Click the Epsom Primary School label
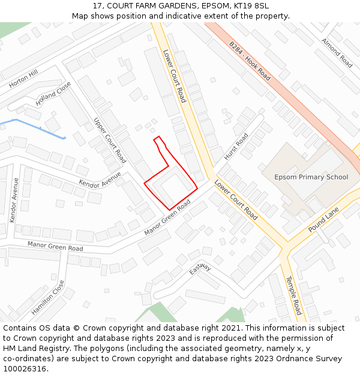click(x=311, y=177)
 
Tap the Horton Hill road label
click(x=24, y=79)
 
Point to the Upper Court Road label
click(x=110, y=140)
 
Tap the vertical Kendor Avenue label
click(x=14, y=200)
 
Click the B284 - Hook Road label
click(x=250, y=61)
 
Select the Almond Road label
click(x=337, y=53)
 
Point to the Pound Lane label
click(x=324, y=220)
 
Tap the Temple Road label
click(x=293, y=295)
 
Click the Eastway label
click(x=200, y=268)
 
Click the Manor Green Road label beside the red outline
click(x=167, y=218)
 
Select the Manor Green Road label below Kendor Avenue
click(x=55, y=246)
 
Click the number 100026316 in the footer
click(x=25, y=368)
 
